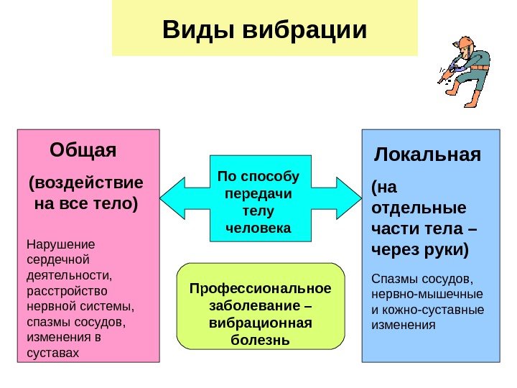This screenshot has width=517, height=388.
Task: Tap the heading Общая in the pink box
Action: pyautogui.click(x=83, y=152)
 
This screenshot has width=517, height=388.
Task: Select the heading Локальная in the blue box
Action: pyautogui.click(x=429, y=155)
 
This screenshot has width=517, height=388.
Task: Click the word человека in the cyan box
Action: pyautogui.click(x=258, y=228)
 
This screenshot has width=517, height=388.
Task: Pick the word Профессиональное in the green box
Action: pyautogui.click(x=259, y=289)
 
